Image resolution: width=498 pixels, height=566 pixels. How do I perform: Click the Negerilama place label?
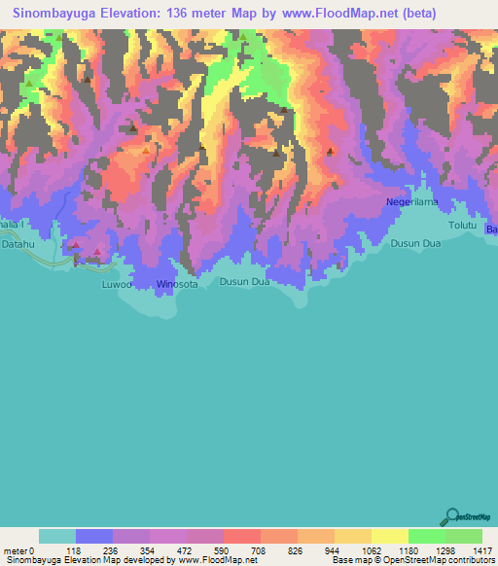412,202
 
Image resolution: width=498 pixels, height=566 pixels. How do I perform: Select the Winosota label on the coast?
177,285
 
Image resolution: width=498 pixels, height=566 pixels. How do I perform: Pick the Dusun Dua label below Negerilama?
416,245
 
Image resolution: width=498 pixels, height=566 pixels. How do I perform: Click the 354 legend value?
149,548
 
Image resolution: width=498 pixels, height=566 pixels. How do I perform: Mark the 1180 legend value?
407,548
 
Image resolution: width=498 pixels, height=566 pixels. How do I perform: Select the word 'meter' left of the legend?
16,548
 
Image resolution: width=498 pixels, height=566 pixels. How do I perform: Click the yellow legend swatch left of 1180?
389,536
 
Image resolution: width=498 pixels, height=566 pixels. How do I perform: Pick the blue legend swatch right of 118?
93,536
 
